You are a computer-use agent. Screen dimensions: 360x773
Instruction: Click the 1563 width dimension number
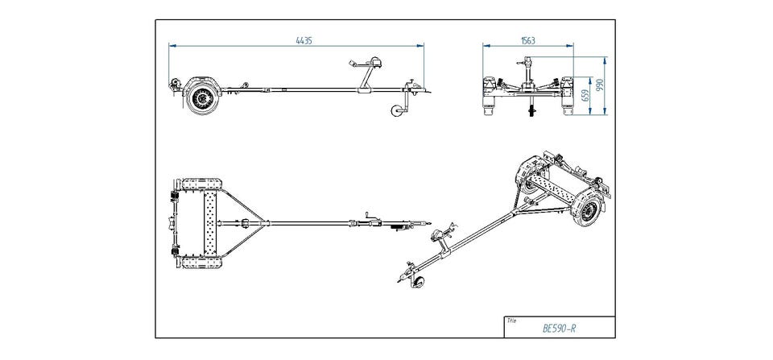(528, 39)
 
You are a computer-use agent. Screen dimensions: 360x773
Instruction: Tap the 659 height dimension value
(585, 95)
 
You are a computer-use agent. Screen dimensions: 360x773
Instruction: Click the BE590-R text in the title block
(559, 328)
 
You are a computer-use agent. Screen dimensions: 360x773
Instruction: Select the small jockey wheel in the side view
(395, 114)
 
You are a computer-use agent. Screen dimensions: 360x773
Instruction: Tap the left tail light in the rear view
(489, 85)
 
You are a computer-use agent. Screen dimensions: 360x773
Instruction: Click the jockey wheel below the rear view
(531, 109)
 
